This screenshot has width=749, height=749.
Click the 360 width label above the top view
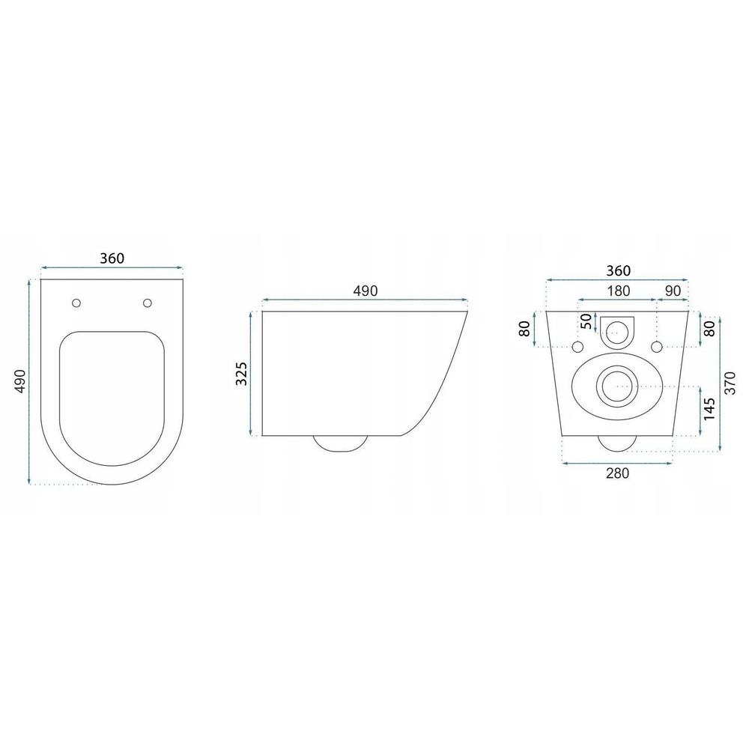(112, 258)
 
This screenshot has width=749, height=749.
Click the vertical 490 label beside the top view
(19, 381)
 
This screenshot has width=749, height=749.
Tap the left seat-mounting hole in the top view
(76, 303)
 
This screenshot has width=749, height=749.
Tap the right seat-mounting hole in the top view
(148, 303)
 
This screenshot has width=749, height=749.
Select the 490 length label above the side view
(365, 291)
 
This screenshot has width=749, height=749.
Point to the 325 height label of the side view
(241, 374)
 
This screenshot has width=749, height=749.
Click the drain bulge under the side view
(340, 443)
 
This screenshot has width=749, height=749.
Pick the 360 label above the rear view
(618, 271)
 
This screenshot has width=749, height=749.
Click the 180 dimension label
(618, 291)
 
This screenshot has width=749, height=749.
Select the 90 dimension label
(673, 291)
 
